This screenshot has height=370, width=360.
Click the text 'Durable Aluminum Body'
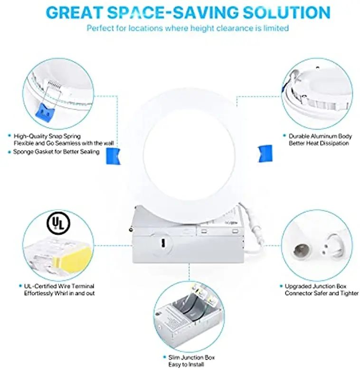point(320,136)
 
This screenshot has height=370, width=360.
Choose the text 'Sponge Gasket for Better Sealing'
point(57,152)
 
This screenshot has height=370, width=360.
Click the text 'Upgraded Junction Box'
point(315,286)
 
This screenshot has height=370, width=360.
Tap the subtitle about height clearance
point(187,28)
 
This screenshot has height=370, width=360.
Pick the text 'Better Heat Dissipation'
point(319,143)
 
